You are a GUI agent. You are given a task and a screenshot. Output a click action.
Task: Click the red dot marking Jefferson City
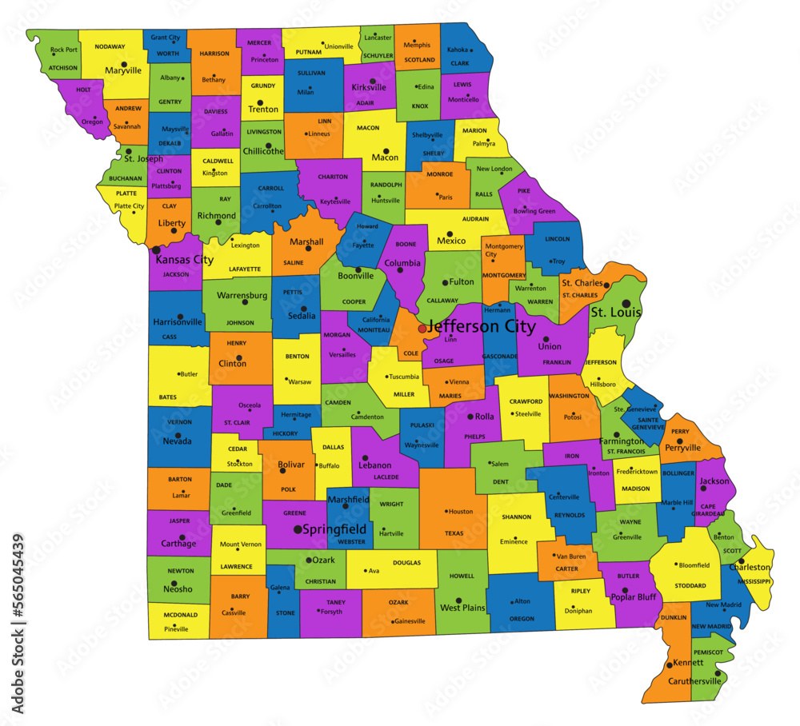point(422,329)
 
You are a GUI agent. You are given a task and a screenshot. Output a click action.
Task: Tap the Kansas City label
point(184,260)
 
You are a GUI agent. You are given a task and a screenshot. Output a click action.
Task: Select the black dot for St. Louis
point(626,303)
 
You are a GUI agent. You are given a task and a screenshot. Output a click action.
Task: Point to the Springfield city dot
point(298,529)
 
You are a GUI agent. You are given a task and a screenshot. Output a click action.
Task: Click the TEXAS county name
point(454,533)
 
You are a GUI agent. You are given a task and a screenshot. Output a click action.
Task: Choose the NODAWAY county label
point(110,46)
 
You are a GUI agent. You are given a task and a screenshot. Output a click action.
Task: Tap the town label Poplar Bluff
point(633,596)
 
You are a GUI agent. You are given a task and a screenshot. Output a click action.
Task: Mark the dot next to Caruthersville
point(718,673)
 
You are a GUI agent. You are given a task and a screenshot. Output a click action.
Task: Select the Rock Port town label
point(63,50)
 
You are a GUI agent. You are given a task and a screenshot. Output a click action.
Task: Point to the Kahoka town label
point(457,50)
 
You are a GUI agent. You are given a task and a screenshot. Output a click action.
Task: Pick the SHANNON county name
point(516,517)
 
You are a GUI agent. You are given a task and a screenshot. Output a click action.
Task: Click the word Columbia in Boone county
point(402,263)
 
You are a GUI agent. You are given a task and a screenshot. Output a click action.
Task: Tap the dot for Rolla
point(470,416)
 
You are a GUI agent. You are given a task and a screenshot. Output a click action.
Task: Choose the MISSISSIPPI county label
point(754,581)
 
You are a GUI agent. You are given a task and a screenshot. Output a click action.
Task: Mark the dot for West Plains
point(458,600)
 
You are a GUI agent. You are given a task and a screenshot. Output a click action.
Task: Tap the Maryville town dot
point(124,63)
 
